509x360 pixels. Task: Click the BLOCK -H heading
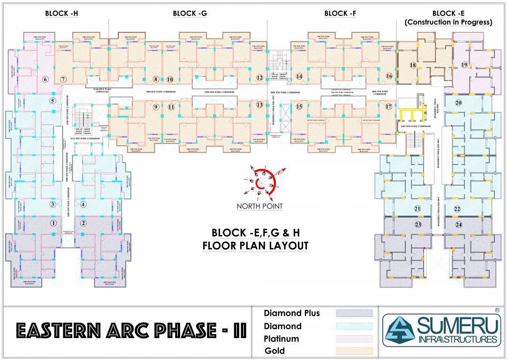(x=61, y=14)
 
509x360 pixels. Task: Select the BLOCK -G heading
(x=190, y=14)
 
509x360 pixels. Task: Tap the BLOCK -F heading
(x=340, y=14)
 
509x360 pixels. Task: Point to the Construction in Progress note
(x=448, y=22)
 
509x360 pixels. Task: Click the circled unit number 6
(x=46, y=79)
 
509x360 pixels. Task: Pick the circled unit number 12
(x=259, y=78)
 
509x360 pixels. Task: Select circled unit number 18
(x=413, y=66)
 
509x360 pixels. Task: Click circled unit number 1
(x=53, y=223)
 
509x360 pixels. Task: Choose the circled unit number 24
(x=458, y=225)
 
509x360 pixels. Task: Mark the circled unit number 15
(x=299, y=106)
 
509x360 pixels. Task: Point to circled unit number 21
(x=417, y=209)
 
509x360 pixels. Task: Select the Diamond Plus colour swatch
(x=354, y=313)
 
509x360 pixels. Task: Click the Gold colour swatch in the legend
(x=354, y=351)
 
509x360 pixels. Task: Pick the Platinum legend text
(x=281, y=338)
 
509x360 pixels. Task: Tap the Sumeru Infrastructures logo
(x=441, y=330)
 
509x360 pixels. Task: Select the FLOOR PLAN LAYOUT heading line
(x=255, y=246)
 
